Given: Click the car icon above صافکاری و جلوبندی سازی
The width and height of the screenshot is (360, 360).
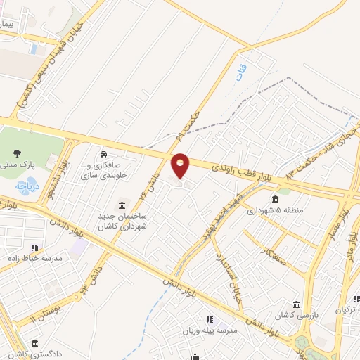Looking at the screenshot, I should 104,154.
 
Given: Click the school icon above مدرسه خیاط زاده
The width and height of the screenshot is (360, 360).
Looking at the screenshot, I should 34,247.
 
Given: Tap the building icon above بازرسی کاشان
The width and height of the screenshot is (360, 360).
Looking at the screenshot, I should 296,304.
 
